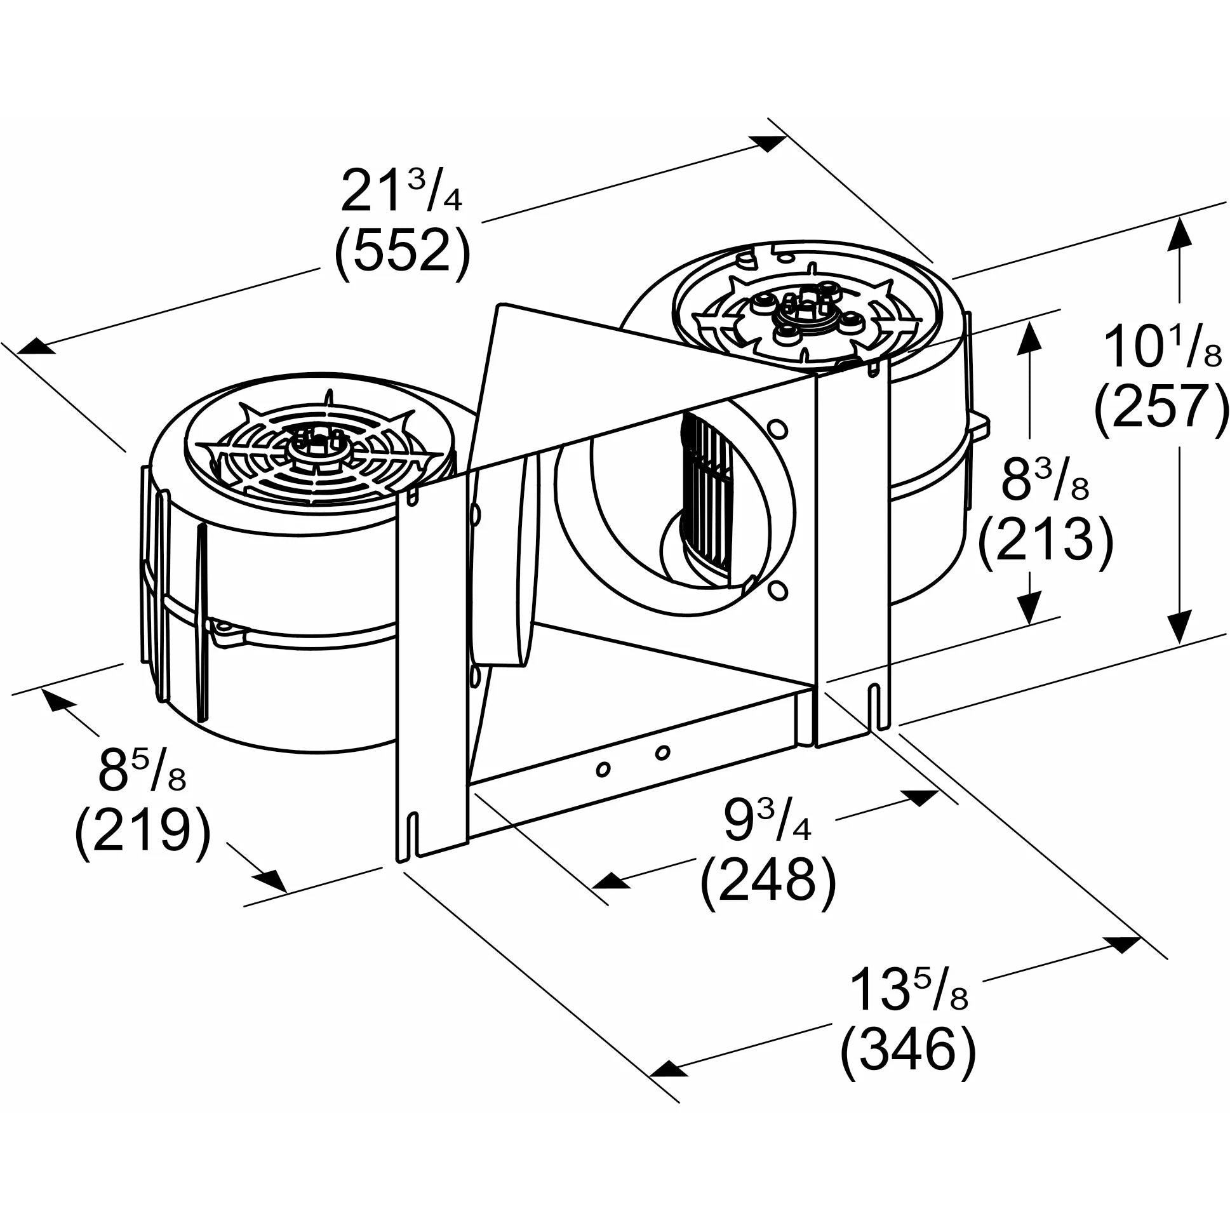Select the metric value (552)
[x=403, y=253]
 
